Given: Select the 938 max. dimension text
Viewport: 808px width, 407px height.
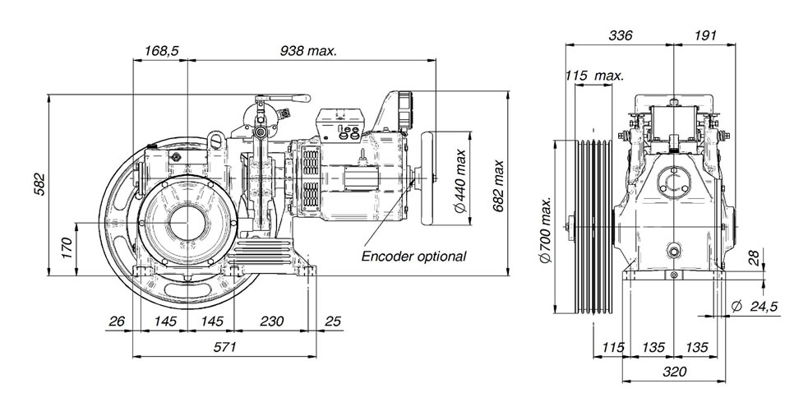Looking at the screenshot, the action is click(308, 50).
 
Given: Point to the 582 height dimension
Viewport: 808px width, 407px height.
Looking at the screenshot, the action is click(39, 184).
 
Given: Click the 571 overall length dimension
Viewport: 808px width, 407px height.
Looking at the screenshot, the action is click(224, 347).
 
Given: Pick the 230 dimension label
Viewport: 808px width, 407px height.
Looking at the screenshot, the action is click(271, 321).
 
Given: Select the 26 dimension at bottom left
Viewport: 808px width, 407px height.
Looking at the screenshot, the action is click(117, 321).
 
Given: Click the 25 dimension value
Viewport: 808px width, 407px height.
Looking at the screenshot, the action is click(333, 321).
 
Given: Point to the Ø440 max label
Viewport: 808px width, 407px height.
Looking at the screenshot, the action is click(459, 180).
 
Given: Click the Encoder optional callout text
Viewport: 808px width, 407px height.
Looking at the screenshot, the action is click(413, 256).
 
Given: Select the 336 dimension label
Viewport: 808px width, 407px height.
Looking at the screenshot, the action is click(620, 35).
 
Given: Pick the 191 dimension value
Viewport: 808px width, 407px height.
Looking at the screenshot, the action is click(705, 35).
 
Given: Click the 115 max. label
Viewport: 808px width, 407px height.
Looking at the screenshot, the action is click(594, 76).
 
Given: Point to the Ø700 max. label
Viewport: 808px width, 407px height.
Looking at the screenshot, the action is click(546, 229).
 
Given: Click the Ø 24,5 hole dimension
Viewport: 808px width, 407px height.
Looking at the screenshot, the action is click(754, 307).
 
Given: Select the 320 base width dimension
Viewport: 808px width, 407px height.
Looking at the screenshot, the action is click(675, 372).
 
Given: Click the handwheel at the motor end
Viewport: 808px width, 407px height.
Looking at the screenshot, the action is click(427, 178).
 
